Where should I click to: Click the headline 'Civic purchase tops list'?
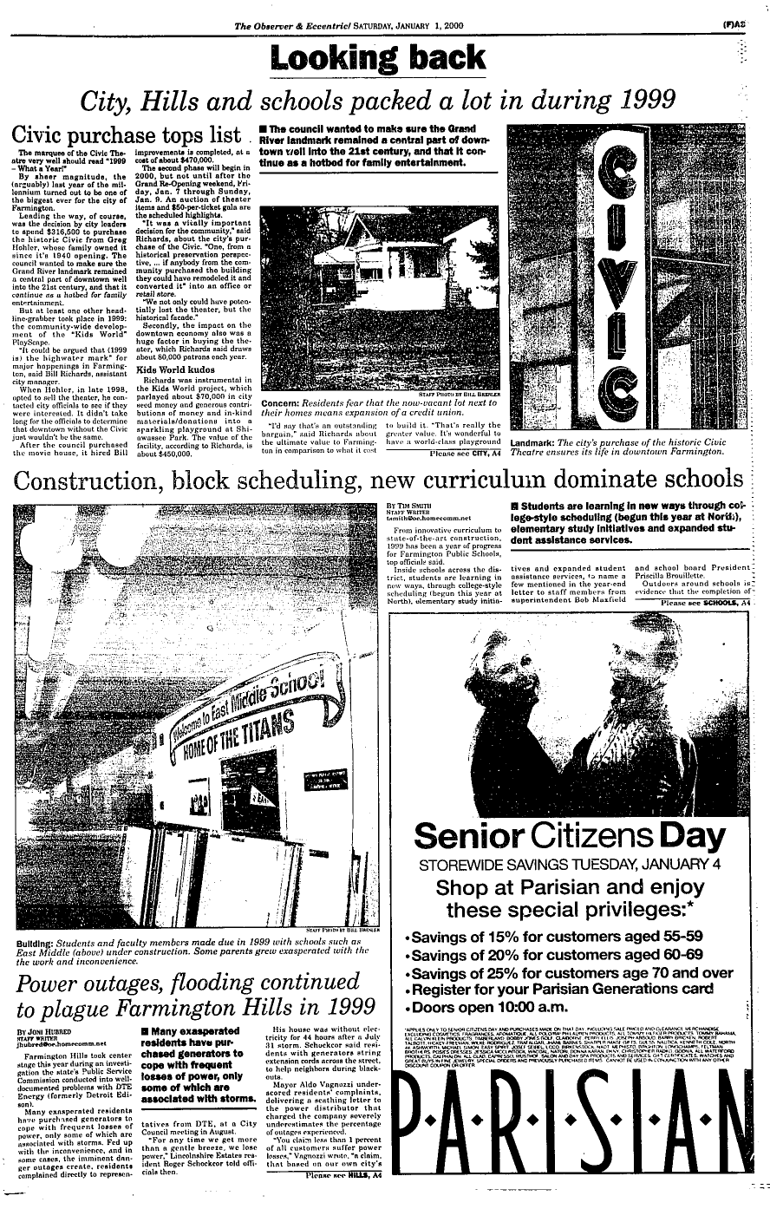[125, 137]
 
